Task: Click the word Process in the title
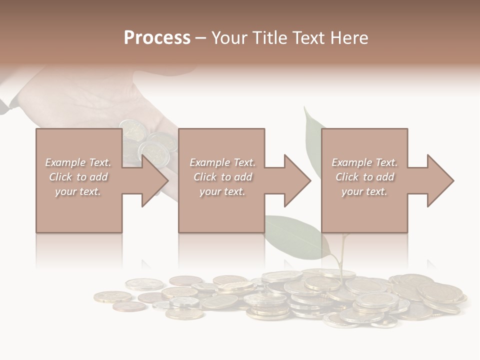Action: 157,38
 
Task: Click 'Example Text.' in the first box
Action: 78,162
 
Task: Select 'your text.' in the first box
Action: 78,191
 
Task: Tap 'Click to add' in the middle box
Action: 222,177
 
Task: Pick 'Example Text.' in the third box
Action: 364,162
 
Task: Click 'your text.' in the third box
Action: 364,191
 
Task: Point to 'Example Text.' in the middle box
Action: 222,162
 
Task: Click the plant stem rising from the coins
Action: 342,255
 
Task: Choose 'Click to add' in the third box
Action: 364,177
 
